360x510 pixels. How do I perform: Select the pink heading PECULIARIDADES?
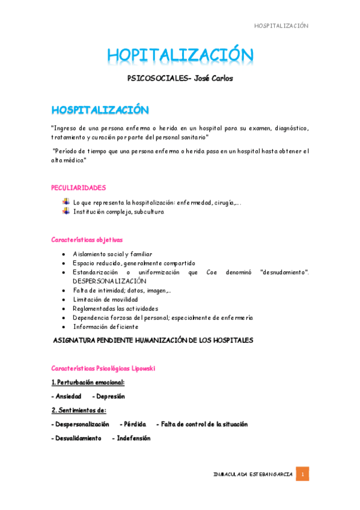pyautogui.click(x=78, y=188)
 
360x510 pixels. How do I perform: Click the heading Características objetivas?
pyautogui.click(x=87, y=239)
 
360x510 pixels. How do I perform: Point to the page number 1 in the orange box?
pyautogui.click(x=304, y=474)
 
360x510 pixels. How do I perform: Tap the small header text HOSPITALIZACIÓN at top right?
pyautogui.click(x=281, y=26)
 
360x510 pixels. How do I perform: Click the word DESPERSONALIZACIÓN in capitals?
pyautogui.click(x=109, y=281)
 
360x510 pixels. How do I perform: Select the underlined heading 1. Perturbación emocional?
pyautogui.click(x=88, y=382)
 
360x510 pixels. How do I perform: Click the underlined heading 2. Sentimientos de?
pyautogui.click(x=79, y=410)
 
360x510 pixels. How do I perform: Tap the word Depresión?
pyautogui.click(x=110, y=396)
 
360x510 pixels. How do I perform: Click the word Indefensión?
pyautogui.click(x=133, y=438)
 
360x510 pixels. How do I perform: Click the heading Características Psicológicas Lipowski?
pyautogui.click(x=103, y=367)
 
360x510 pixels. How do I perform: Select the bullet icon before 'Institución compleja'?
pyautogui.click(x=66, y=211)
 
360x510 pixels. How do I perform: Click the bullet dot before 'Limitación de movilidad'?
pyautogui.click(x=64, y=300)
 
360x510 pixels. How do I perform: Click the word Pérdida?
pyautogui.click(x=135, y=424)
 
